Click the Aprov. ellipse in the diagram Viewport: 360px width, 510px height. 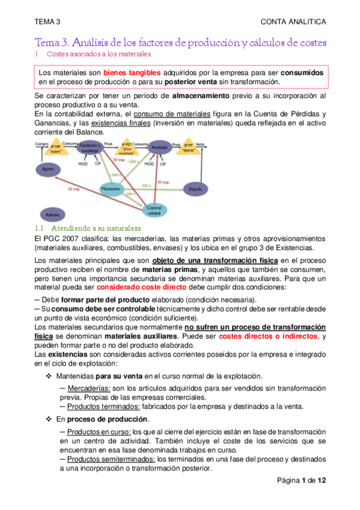(49, 170)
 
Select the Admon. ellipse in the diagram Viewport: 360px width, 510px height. (49, 214)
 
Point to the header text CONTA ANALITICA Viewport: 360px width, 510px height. (293, 22)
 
